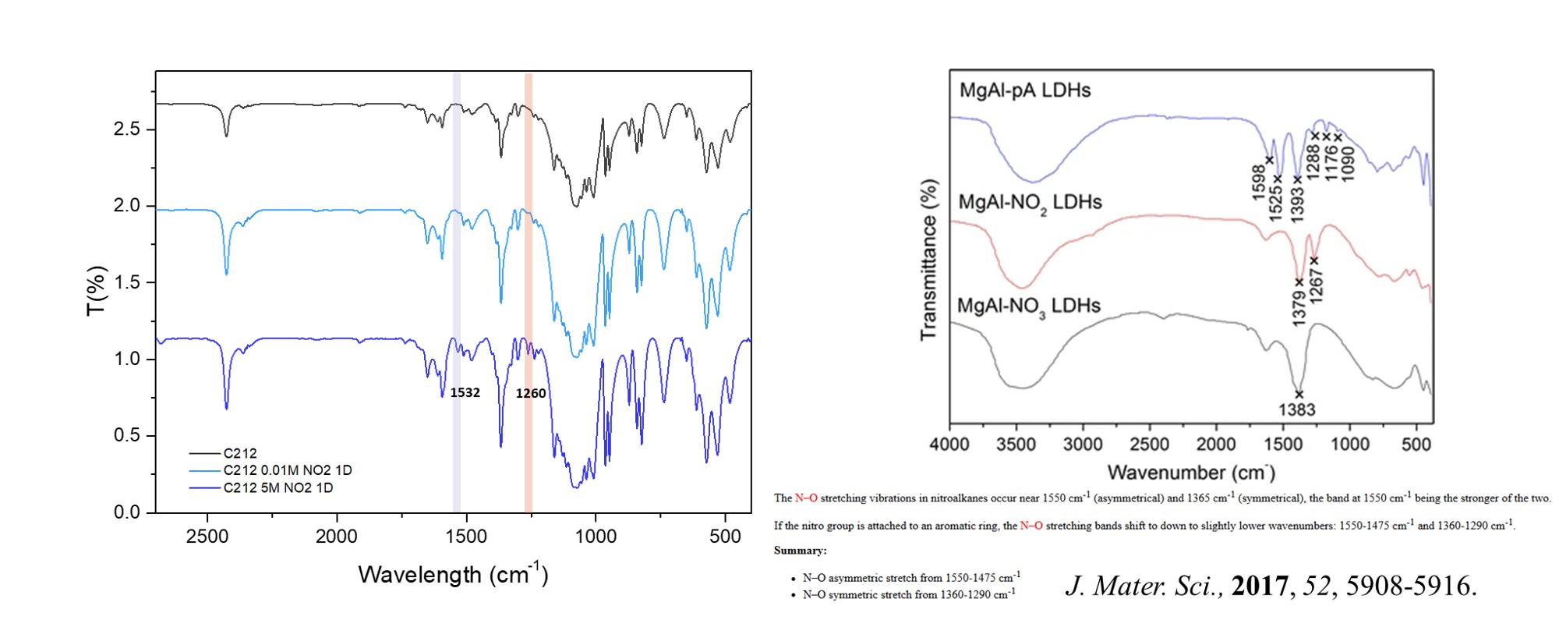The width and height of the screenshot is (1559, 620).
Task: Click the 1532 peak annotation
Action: click(465, 392)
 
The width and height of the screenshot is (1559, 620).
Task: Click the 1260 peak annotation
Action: click(531, 393)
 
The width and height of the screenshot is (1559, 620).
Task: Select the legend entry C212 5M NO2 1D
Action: click(278, 488)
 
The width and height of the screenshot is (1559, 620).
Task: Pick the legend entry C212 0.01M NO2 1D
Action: click(288, 470)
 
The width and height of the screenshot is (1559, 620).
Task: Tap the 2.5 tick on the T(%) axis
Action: click(127, 129)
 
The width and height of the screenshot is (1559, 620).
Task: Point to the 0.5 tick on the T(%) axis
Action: click(127, 435)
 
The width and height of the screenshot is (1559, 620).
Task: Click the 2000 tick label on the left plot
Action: click(337, 537)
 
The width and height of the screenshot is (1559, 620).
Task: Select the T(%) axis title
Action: click(96, 291)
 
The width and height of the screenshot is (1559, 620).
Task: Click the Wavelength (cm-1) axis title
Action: click(453, 575)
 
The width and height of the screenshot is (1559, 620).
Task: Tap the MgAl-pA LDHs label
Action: click(1024, 90)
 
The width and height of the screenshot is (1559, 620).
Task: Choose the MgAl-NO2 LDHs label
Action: click(1030, 203)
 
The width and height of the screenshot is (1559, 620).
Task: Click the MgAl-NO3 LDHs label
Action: click(1028, 306)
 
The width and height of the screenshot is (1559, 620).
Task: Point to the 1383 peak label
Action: click(1296, 409)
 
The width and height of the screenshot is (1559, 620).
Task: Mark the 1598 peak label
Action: click(1258, 182)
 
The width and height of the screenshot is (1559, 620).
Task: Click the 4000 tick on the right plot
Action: click(949, 445)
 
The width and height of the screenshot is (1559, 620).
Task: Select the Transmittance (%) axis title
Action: click(928, 260)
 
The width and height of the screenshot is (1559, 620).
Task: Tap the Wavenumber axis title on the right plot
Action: click(1190, 473)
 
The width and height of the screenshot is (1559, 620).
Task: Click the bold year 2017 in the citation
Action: click(1260, 586)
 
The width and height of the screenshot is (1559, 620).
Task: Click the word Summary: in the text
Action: click(800, 551)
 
